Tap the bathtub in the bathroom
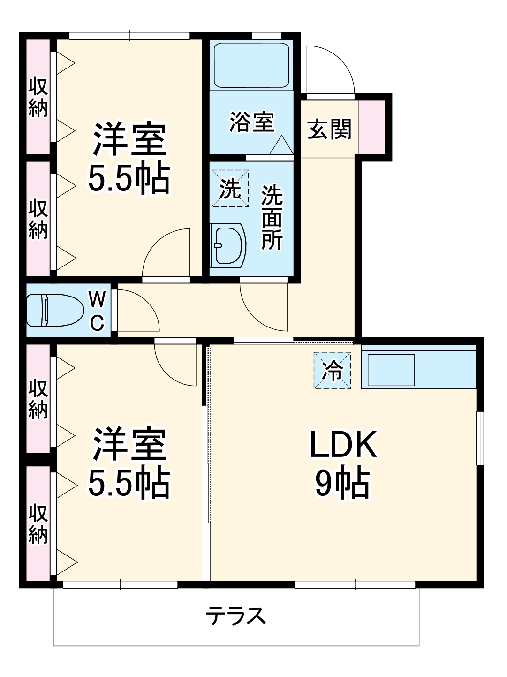251,65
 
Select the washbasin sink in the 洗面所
228,245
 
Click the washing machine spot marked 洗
230,189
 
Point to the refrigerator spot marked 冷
333,371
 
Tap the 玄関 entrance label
329,129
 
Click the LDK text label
343,445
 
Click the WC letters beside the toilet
97,311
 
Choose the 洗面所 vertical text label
272,217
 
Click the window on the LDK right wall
479,438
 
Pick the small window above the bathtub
266,36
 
